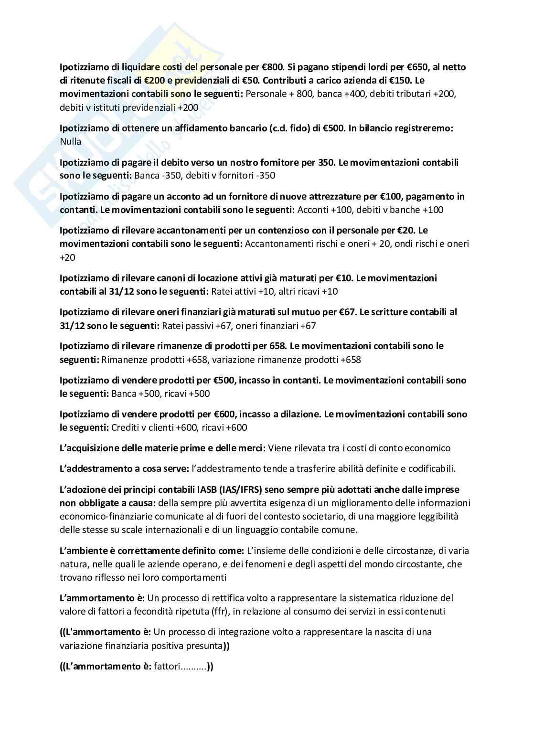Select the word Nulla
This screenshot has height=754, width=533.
tap(71, 142)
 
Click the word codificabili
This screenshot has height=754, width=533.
tap(427, 468)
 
